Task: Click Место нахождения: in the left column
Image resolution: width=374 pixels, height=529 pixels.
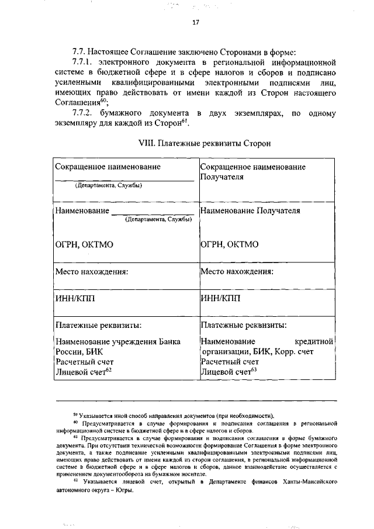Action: coord(91,271)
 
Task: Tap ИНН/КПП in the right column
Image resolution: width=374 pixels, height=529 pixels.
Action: coord(220,298)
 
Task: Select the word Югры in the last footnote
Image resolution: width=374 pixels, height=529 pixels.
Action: coord(125,490)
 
